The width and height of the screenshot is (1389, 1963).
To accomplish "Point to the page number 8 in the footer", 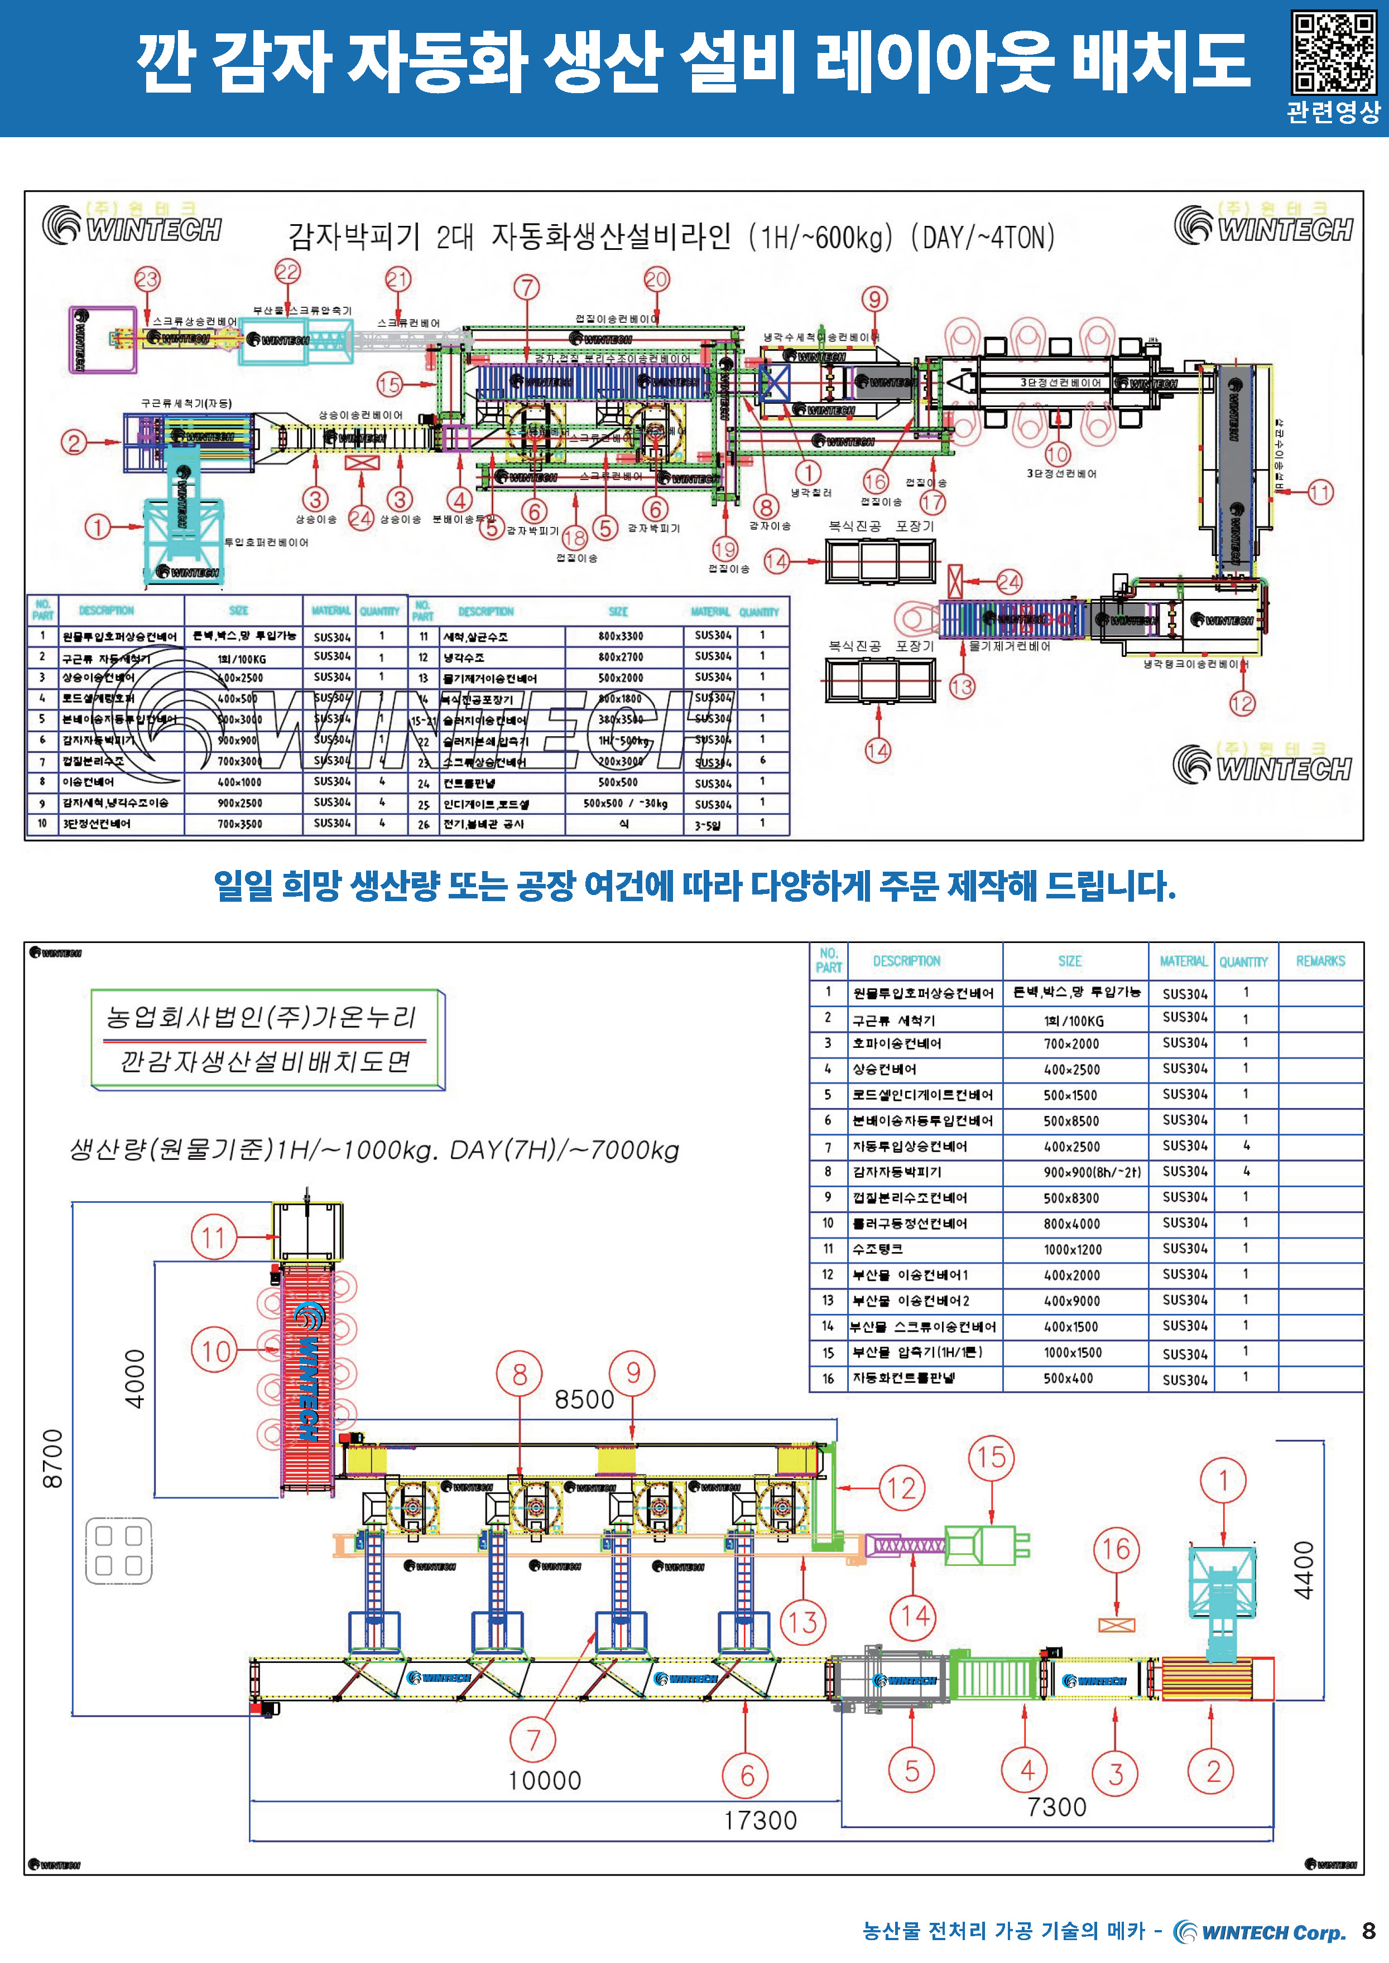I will (x=1368, y=1931).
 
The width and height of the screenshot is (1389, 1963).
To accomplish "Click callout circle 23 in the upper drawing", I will (x=147, y=279).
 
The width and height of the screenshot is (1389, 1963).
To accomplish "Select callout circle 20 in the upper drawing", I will (x=656, y=279).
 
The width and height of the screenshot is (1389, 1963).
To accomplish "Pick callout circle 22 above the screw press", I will (x=287, y=272).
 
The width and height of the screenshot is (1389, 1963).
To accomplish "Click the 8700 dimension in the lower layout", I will (x=53, y=1458).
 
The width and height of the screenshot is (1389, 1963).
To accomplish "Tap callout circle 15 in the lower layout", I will (x=991, y=1457).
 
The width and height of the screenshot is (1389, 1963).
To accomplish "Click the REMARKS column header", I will (x=1320, y=961).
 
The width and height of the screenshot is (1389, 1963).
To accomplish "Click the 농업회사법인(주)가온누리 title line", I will (x=261, y=1017).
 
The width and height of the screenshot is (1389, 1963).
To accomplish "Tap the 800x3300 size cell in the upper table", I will (x=621, y=636).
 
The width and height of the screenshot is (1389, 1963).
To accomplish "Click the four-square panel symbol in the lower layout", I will (x=119, y=1550).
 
